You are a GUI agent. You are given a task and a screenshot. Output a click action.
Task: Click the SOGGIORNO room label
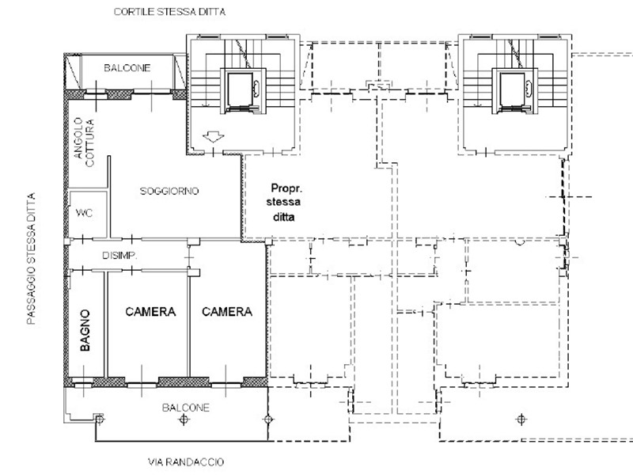click(x=169, y=191)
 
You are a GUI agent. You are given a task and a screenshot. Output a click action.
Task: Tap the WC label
click(x=84, y=212)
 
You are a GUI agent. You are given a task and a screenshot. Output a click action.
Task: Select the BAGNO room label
click(x=85, y=330)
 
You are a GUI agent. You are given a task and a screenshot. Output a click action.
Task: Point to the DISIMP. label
click(x=119, y=255)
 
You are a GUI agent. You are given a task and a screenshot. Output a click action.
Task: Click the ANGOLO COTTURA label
click(x=84, y=142)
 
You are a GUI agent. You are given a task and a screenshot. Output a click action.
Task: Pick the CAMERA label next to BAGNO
click(x=150, y=311)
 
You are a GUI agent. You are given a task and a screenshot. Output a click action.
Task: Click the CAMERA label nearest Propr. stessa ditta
click(x=227, y=311)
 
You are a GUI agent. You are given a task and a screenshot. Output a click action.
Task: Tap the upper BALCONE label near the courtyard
click(x=127, y=68)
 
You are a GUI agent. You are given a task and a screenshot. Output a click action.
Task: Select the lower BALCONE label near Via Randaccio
click(x=186, y=408)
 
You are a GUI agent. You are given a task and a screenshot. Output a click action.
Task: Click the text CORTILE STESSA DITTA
click(x=169, y=12)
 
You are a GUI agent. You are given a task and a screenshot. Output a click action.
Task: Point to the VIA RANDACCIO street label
click(x=186, y=462)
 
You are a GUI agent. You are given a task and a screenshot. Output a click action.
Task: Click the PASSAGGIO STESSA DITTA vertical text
click(x=31, y=259)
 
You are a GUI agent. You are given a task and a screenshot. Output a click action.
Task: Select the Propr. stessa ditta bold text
click(x=284, y=203)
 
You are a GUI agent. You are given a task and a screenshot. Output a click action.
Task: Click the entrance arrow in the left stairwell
click(x=213, y=137)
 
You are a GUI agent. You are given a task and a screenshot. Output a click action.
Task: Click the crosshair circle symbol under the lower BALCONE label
click(x=184, y=420)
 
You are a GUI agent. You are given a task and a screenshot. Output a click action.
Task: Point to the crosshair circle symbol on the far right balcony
click(x=521, y=420)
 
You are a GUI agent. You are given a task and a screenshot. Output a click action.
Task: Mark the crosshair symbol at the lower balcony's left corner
click(x=100, y=420)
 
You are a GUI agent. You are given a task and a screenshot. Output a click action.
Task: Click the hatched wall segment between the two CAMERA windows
click(x=184, y=382)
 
